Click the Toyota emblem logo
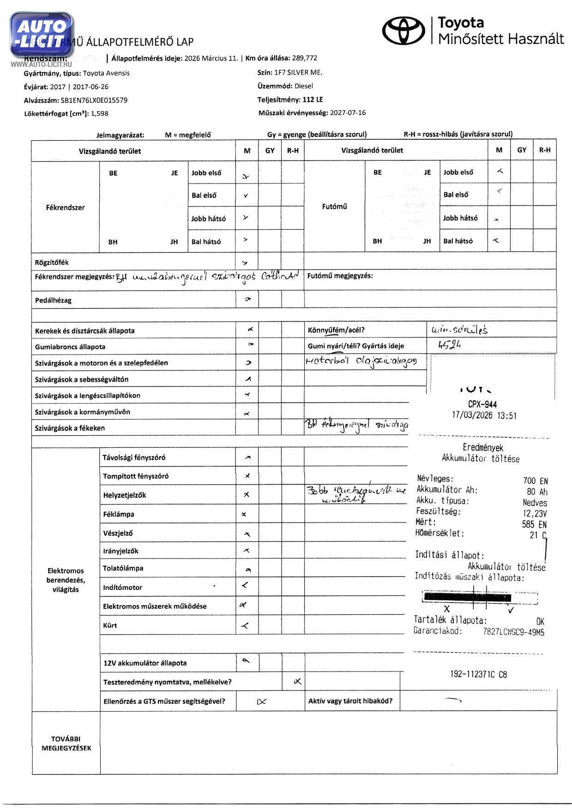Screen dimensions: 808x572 tap(404, 30)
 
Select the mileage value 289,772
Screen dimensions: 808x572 tap(304, 58)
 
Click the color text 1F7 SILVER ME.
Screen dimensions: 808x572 tap(298, 72)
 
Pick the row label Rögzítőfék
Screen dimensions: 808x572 tap(52, 262)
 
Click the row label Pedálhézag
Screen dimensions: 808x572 tap(53, 300)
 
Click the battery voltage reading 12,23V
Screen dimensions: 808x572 tap(535, 513)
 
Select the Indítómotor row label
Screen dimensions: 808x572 tap(122, 588)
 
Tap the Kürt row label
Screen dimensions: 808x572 tap(110, 625)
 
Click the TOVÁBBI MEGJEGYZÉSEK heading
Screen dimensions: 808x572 tap(66, 743)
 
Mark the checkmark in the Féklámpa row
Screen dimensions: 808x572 tap(244, 514)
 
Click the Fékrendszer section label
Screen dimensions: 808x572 tap(65, 208)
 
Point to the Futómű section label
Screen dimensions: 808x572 tap(334, 207)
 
